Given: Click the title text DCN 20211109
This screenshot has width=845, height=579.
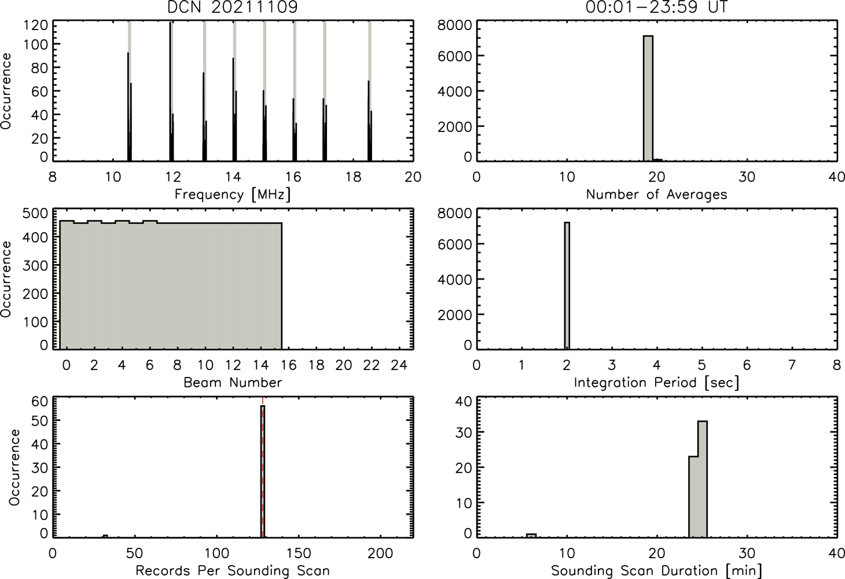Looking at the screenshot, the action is [233, 7].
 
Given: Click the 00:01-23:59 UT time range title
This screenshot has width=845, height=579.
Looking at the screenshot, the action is [656, 7].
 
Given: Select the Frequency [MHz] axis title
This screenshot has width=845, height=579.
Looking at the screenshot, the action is [233, 195].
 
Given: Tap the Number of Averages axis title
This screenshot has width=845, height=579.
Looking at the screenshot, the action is [656, 194].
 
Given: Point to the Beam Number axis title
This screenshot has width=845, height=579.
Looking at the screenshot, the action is [233, 382].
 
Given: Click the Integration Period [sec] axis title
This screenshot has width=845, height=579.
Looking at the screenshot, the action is [656, 383].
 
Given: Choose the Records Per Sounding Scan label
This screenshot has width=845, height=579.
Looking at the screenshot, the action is [233, 570].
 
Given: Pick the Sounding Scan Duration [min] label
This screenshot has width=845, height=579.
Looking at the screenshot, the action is [656, 571].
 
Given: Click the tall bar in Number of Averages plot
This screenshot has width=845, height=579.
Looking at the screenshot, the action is [648, 98].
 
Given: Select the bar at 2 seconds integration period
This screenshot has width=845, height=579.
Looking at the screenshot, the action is [567, 285].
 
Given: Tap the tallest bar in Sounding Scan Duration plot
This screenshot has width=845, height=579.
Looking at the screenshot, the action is [703, 479].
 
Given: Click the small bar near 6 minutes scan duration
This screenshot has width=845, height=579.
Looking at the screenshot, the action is [531, 536].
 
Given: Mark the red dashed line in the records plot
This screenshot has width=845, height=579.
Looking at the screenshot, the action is [263, 467].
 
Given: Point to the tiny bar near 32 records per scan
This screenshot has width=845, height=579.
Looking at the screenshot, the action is [105, 536].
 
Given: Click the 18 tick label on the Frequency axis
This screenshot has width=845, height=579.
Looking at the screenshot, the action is [354, 177].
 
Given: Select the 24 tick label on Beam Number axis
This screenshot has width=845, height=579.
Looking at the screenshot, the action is [399, 365].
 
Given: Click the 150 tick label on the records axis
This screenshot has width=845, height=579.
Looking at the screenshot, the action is [299, 554].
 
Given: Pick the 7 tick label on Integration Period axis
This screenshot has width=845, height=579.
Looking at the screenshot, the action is [792, 365].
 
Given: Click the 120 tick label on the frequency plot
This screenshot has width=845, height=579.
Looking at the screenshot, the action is [35, 25].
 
